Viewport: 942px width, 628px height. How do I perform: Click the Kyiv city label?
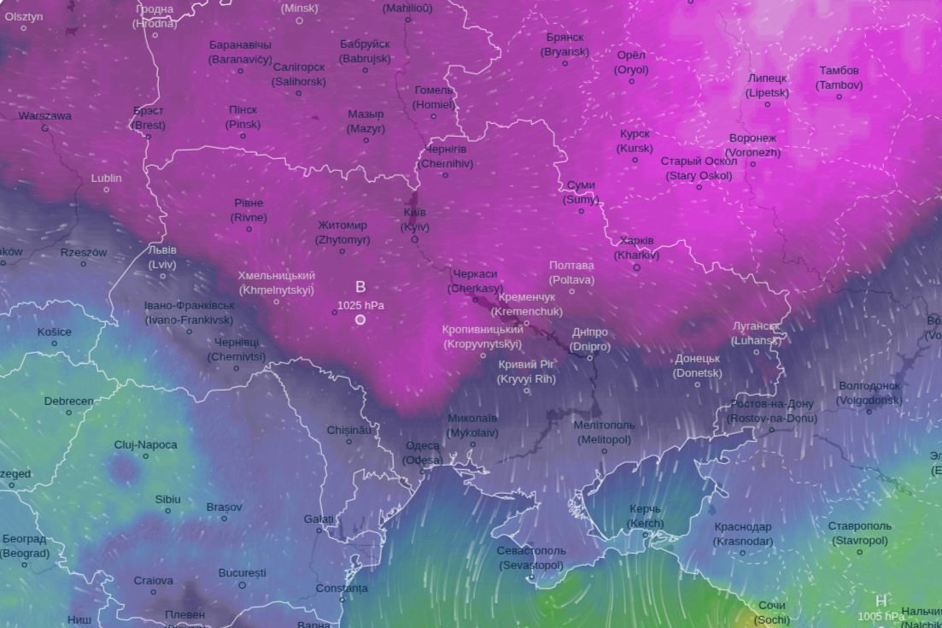[x=415, y=220]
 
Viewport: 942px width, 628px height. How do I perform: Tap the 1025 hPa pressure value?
[x=360, y=305]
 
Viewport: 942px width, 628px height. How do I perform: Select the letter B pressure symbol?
[x=360, y=287]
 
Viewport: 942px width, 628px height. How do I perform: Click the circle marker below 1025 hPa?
[x=360, y=320]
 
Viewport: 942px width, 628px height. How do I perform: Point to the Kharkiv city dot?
[x=636, y=267]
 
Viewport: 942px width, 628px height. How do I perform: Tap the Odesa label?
[x=424, y=452]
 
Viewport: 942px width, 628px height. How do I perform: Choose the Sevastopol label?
[x=531, y=558]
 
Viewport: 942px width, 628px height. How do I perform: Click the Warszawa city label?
[x=45, y=115]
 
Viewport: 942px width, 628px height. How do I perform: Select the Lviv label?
[x=162, y=257]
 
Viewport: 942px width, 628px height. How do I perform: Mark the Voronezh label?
[x=753, y=145]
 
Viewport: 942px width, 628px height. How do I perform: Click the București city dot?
[x=243, y=585]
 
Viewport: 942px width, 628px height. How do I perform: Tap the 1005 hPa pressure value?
[x=881, y=616]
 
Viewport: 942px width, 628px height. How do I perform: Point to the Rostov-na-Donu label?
[x=772, y=411]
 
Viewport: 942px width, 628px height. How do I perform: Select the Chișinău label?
[x=349, y=430]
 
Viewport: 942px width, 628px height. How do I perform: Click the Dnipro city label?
[x=590, y=339]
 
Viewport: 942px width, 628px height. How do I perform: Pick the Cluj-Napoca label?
[x=146, y=444]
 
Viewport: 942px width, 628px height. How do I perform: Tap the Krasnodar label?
[x=743, y=534]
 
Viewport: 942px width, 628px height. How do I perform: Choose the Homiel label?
[x=435, y=97]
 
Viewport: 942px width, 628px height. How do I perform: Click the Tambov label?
[x=839, y=78]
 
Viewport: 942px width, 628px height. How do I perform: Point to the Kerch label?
[x=645, y=516]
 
